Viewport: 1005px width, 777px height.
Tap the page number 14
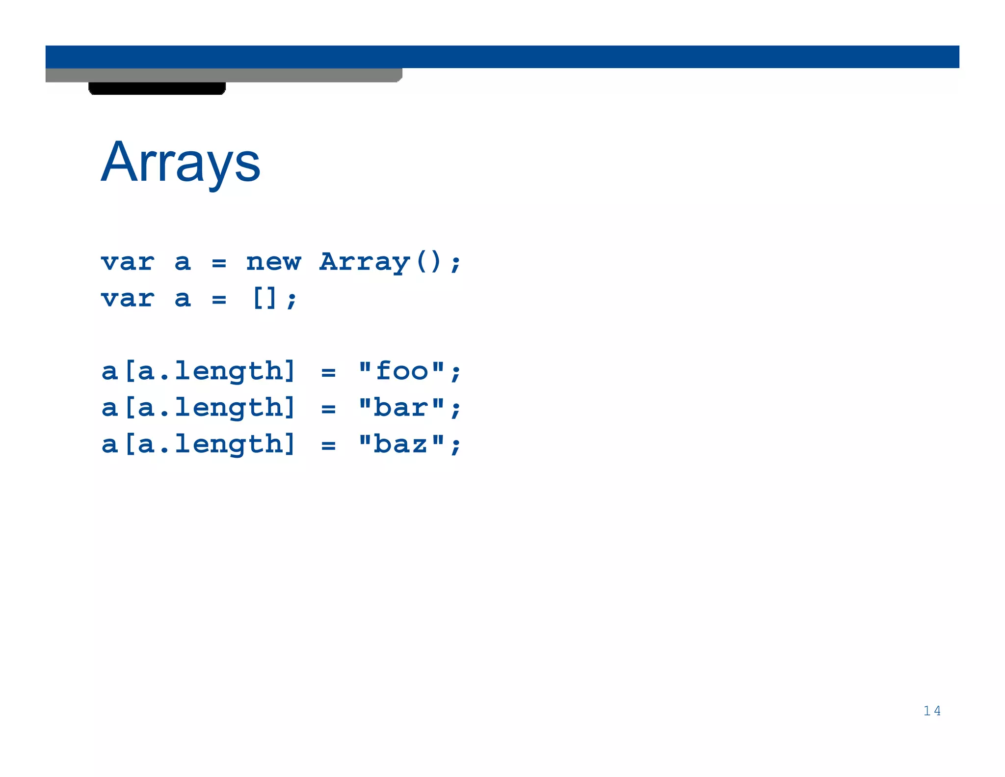coord(931,711)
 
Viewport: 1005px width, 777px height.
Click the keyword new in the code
coord(273,262)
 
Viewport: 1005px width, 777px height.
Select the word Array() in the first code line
coord(381,262)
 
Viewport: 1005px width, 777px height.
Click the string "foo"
coord(402,371)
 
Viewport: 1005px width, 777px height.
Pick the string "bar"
coord(402,408)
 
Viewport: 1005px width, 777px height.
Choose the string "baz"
coord(402,444)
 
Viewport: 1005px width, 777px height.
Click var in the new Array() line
coord(128,262)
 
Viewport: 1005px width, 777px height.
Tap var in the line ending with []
coord(128,299)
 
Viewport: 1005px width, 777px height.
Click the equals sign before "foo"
coord(328,373)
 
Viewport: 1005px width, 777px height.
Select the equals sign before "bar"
coord(328,409)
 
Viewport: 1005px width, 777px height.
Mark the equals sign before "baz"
coord(328,446)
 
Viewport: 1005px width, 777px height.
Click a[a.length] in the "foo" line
coord(198,371)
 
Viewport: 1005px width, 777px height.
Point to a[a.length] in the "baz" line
coord(198,444)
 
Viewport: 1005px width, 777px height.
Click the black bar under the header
coord(157,88)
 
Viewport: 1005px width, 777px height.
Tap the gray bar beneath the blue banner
coord(224,75)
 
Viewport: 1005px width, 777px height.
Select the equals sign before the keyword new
coord(219,264)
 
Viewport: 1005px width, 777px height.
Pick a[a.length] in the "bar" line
coord(198,408)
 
